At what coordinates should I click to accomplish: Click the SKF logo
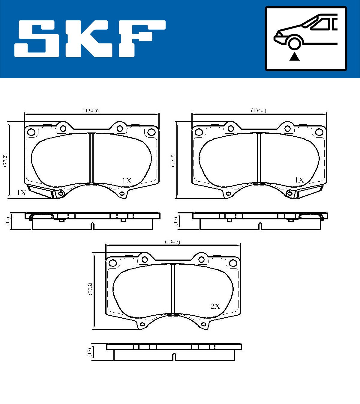coord(90,39)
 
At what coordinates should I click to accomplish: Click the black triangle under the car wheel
coord(295,56)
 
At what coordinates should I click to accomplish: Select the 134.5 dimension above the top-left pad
coord(91,111)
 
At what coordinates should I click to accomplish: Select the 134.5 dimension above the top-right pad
coord(259,111)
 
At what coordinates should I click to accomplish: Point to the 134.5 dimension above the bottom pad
coord(172,242)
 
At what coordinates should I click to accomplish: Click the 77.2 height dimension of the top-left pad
coord(5,160)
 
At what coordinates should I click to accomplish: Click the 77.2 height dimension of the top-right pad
coord(173,160)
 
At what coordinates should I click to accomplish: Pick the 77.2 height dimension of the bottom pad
coord(90,289)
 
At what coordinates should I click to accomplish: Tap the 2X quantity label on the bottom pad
coord(215,306)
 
